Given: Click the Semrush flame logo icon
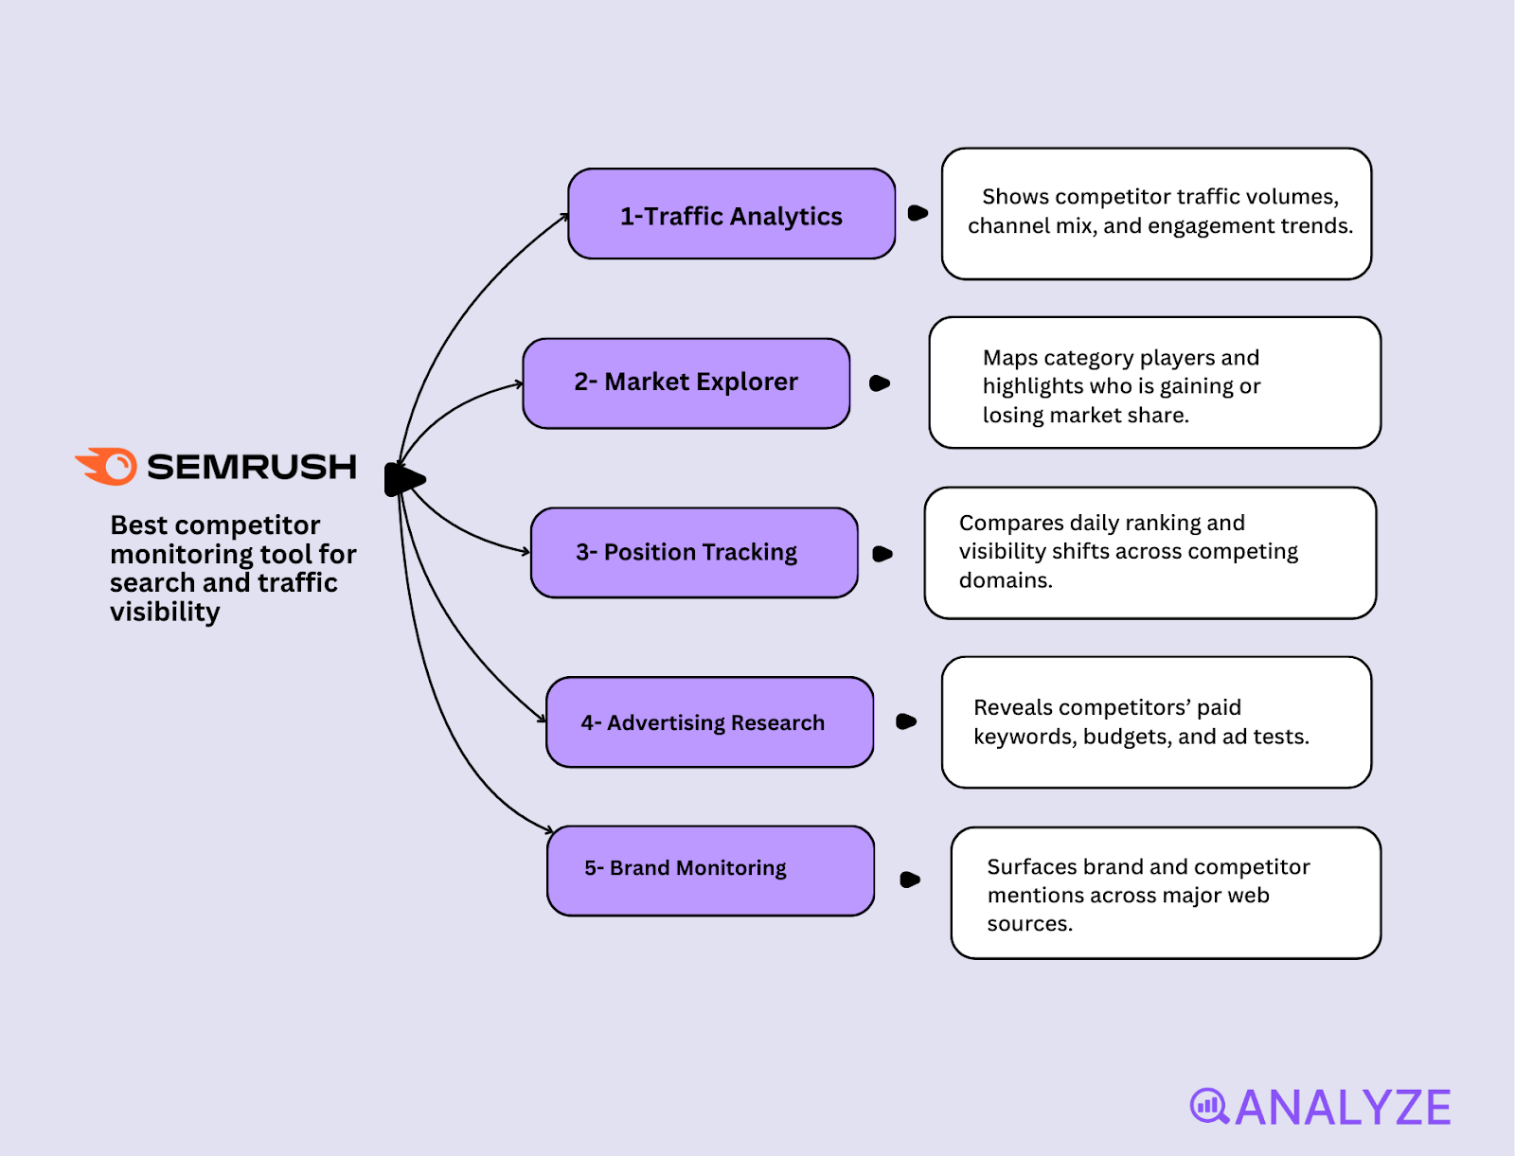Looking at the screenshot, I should point(108,466).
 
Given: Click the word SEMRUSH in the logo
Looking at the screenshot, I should point(252,467).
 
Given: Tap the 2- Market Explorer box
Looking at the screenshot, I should point(686,382).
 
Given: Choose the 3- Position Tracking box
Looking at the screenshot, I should point(693,552).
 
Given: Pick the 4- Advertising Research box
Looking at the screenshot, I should point(709,721).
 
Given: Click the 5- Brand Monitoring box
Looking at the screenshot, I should point(709,869).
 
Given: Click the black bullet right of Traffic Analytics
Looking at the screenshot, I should point(917,213).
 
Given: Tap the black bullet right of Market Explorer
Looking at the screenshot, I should point(879,383).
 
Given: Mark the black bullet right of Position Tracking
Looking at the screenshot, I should point(882,554).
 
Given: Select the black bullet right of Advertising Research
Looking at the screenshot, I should point(905,721).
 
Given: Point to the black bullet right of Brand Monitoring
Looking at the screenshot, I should point(909,880).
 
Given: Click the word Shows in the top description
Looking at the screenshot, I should point(1015,197).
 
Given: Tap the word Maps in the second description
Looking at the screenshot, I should point(1009,358).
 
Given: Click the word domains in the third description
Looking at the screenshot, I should point(1005,580).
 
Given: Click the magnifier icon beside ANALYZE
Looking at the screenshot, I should point(1208,1106).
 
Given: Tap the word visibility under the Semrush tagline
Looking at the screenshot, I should point(165,613).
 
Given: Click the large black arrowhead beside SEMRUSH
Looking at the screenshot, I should point(404,479).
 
